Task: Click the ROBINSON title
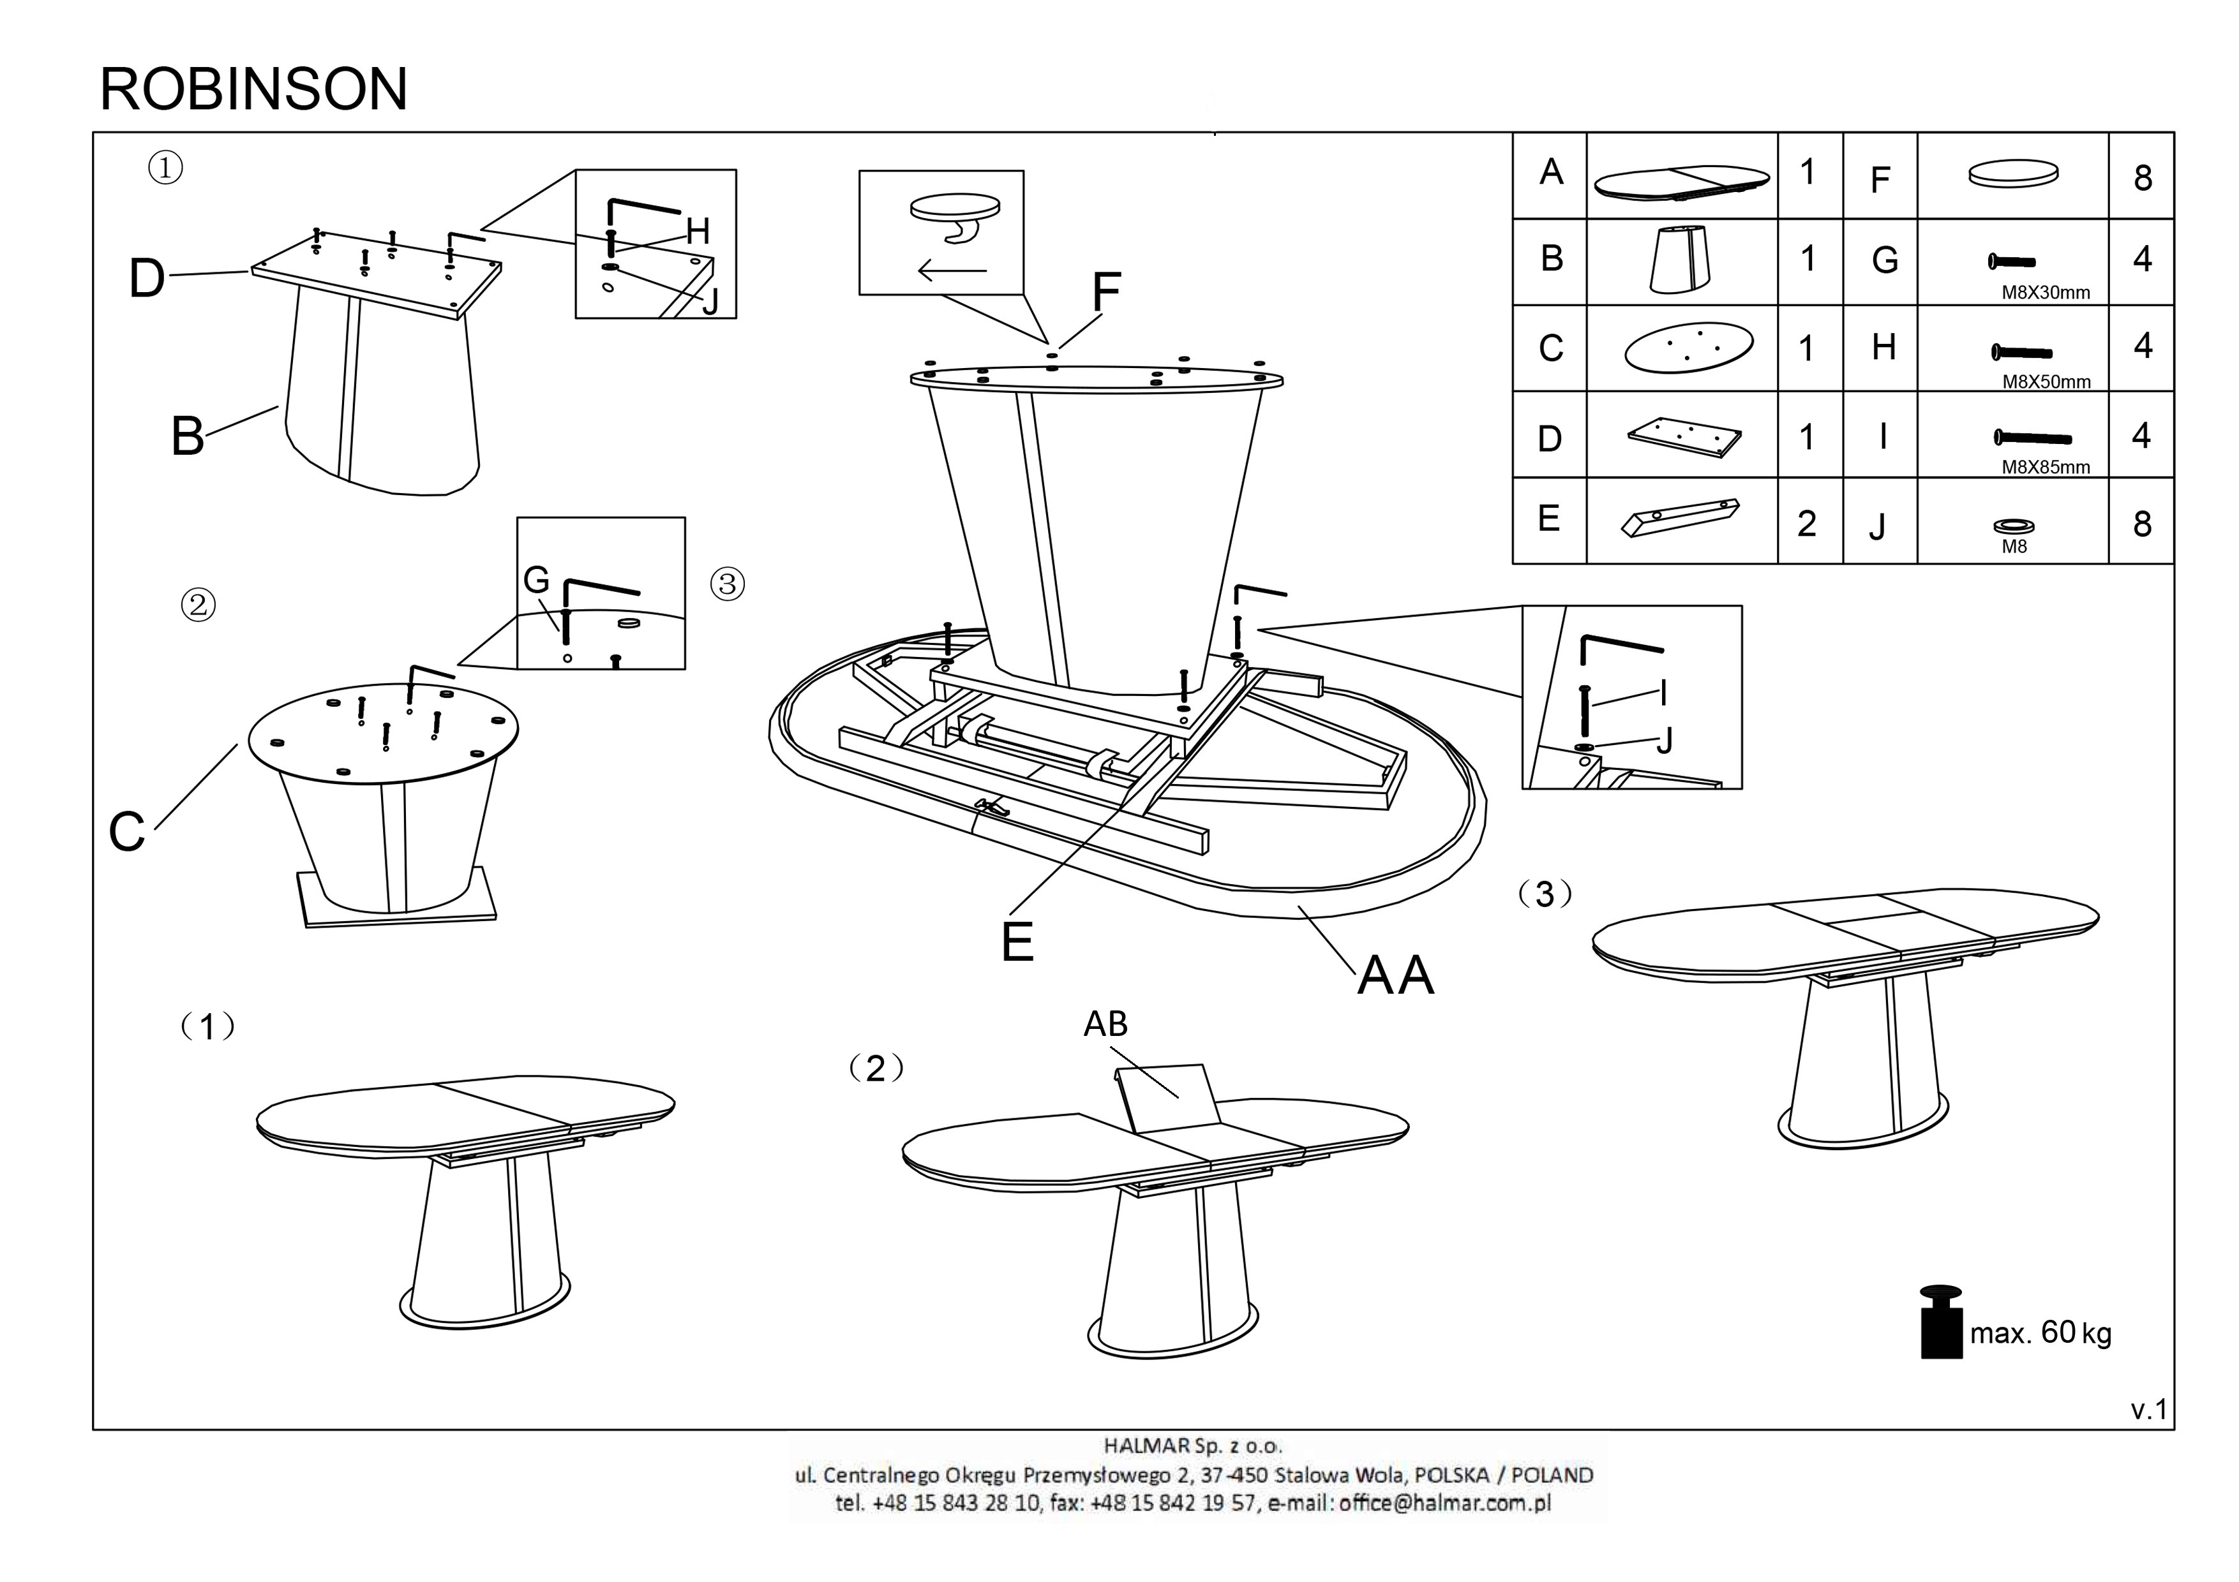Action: [253, 90]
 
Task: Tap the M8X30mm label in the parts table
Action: [2045, 292]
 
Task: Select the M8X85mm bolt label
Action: [2045, 467]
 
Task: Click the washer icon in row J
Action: [2014, 526]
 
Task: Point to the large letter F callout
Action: [1106, 292]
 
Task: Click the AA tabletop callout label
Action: [1395, 975]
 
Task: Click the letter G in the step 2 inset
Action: [536, 580]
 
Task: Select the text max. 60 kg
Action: [2040, 1333]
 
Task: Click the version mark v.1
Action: [2148, 1410]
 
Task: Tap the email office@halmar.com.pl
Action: [1444, 1502]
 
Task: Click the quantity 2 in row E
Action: [1807, 524]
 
